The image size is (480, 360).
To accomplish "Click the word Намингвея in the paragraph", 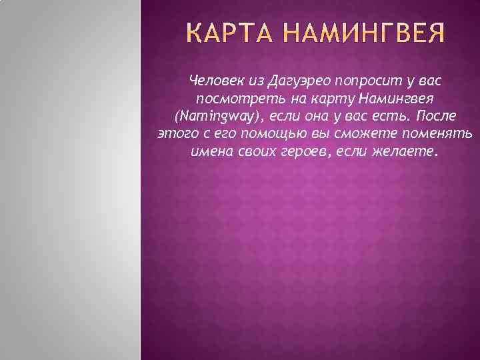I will [x=397, y=99].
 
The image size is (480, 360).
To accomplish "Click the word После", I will [x=437, y=116].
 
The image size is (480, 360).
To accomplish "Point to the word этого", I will [x=175, y=133].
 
